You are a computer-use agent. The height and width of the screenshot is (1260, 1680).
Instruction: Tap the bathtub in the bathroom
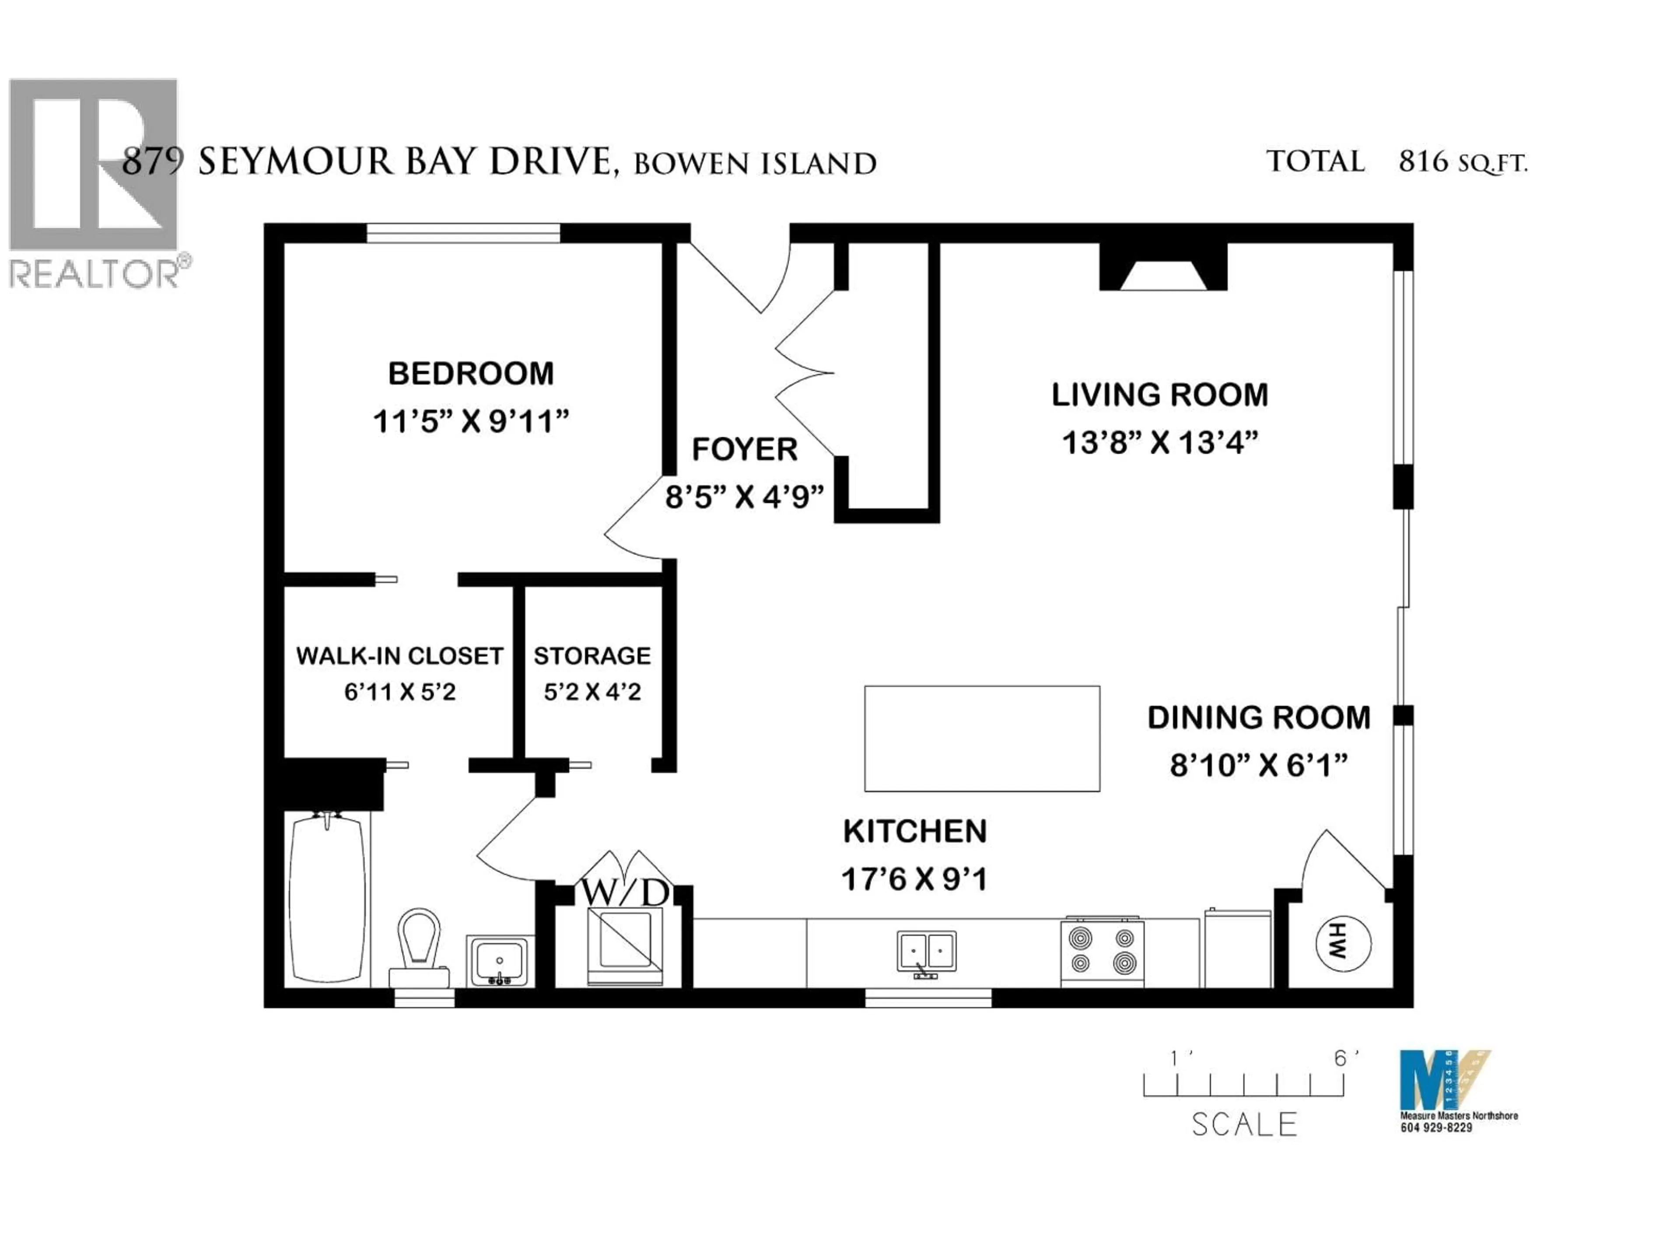coord(327,898)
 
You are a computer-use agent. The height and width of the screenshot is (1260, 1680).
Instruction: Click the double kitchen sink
coord(927,952)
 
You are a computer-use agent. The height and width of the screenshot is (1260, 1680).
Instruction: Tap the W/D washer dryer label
coord(624,893)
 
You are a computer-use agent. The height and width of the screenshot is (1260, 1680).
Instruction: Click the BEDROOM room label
coord(471,374)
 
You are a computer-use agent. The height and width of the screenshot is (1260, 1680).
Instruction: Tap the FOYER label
coord(744,450)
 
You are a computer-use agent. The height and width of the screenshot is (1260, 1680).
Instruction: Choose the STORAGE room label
coord(591,655)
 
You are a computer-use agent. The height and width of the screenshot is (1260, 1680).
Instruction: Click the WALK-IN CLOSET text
coord(399,655)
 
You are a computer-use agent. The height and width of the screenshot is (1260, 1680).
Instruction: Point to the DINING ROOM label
coord(1259,718)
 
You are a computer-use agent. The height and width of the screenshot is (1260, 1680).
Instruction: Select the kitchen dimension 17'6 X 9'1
coord(914,879)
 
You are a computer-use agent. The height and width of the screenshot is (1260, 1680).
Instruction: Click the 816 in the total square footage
coord(1423,162)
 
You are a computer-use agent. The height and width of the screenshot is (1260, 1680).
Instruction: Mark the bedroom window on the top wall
coord(463,233)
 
